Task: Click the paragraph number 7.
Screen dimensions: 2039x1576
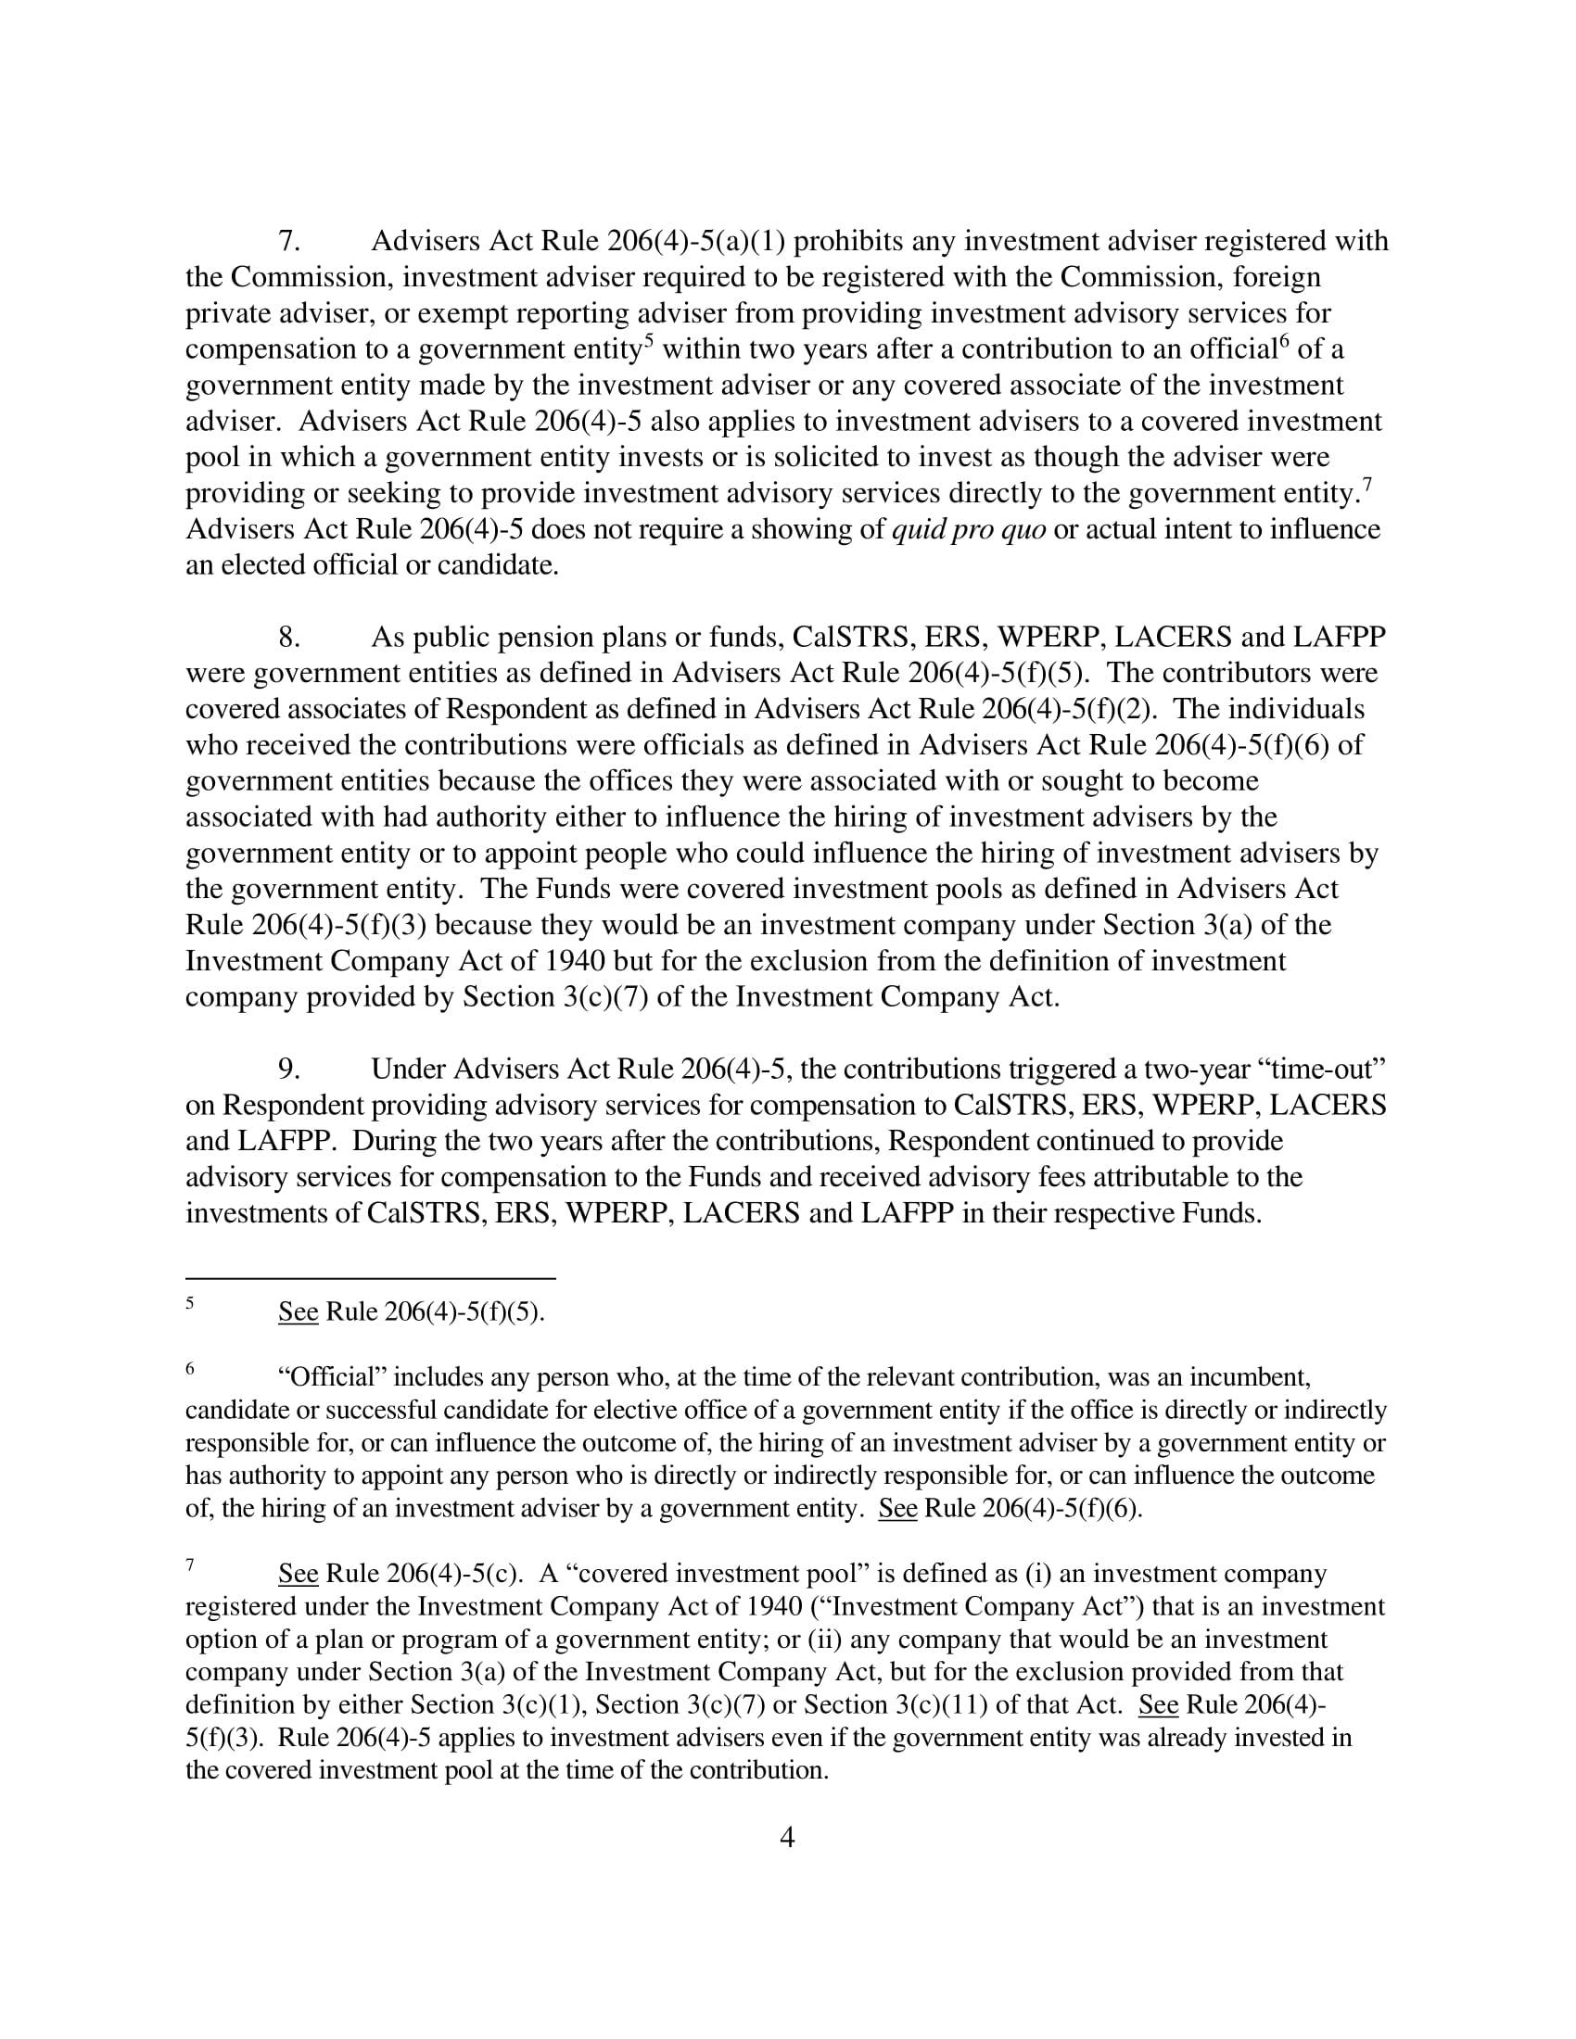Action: click(x=289, y=242)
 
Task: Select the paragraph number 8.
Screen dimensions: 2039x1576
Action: click(x=289, y=638)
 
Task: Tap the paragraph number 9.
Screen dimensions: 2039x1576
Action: click(x=289, y=1069)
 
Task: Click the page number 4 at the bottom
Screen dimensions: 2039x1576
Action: click(x=787, y=1838)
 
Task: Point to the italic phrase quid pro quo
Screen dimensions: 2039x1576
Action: click(x=968, y=530)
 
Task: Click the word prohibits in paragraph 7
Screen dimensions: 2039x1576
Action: click(x=848, y=242)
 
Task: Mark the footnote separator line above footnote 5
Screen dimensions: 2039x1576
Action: click(x=371, y=1278)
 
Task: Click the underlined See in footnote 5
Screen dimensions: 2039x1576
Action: click(x=299, y=1312)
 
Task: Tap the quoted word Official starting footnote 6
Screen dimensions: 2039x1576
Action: click(x=333, y=1378)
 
